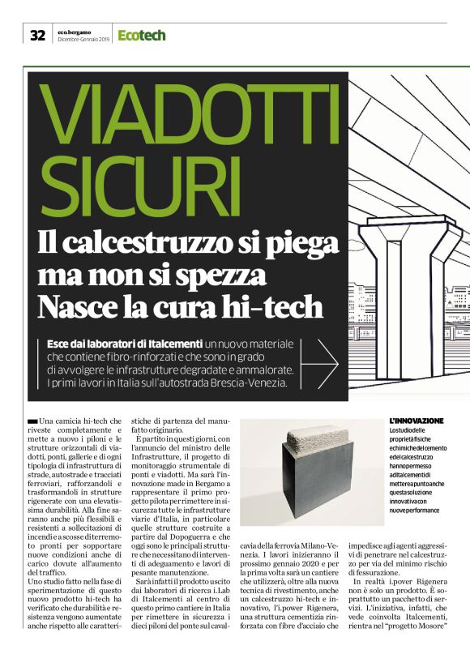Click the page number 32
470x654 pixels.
click(37, 35)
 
